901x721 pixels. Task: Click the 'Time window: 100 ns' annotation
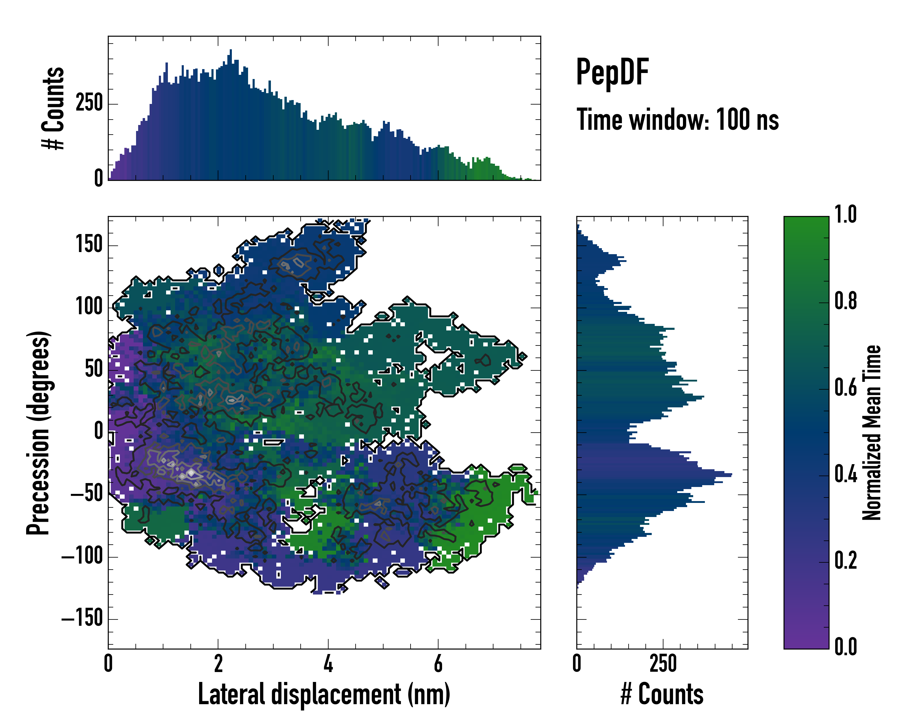point(678,120)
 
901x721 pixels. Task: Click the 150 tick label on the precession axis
point(89,245)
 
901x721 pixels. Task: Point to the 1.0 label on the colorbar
point(845,214)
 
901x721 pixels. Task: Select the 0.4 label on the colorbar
point(845,474)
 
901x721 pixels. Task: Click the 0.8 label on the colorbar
point(845,301)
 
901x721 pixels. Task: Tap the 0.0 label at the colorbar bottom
point(845,646)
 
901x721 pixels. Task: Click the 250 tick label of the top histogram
point(89,103)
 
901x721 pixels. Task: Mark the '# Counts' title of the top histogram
point(53,108)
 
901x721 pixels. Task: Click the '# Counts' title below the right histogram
point(662,694)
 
